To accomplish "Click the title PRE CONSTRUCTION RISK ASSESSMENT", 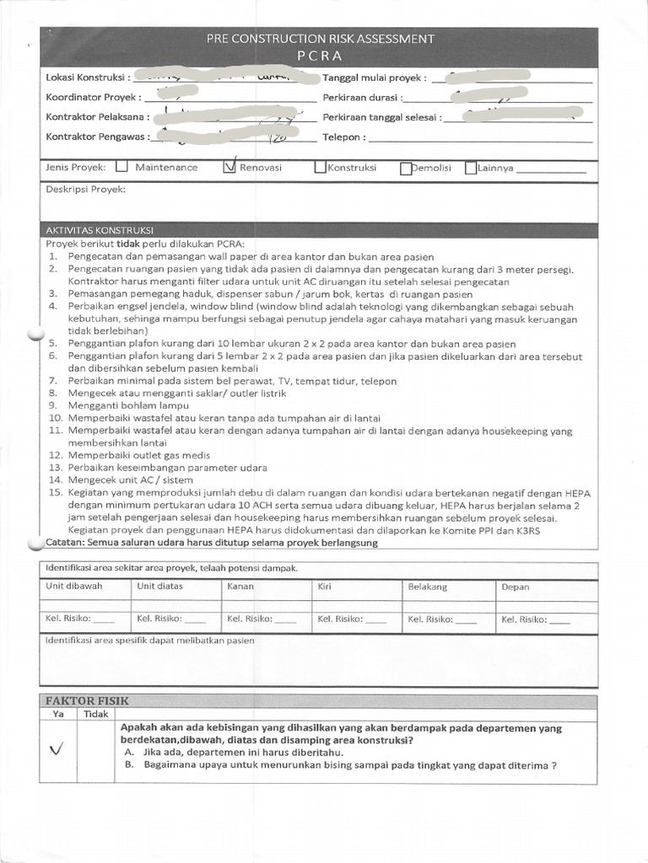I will tap(321, 39).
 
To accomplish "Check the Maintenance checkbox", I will tap(121, 167).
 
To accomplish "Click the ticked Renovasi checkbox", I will tap(229, 167).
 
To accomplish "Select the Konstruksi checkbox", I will tap(320, 167).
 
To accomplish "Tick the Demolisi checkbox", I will tap(406, 168).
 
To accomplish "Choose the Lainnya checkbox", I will tap(471, 168).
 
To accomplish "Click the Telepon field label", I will tap(343, 137).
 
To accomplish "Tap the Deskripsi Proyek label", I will tap(85, 190).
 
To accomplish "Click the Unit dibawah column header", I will tap(73, 586).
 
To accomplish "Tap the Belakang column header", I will tap(427, 586).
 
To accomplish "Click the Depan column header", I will tap(515, 586).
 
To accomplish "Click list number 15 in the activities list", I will tap(56, 493).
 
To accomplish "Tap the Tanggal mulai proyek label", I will tap(375, 78).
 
